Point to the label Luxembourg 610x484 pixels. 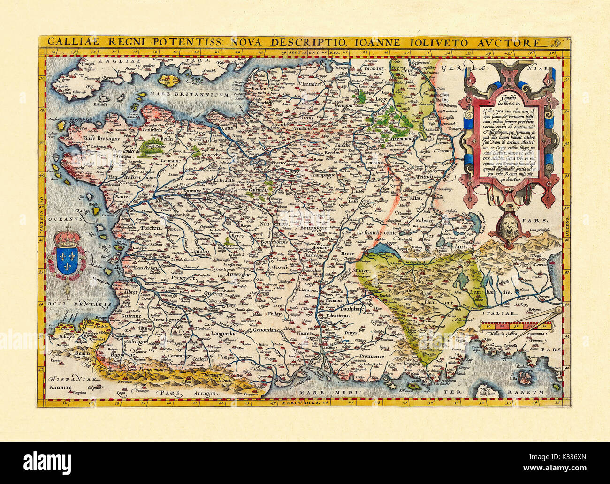[x=400, y=139]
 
